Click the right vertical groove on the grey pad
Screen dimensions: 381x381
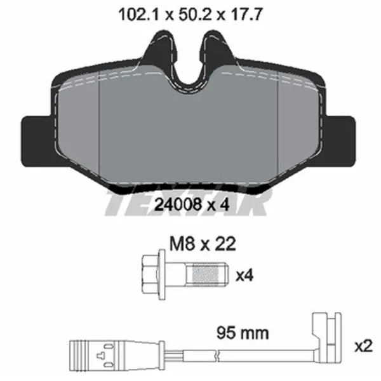coord(279,127)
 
